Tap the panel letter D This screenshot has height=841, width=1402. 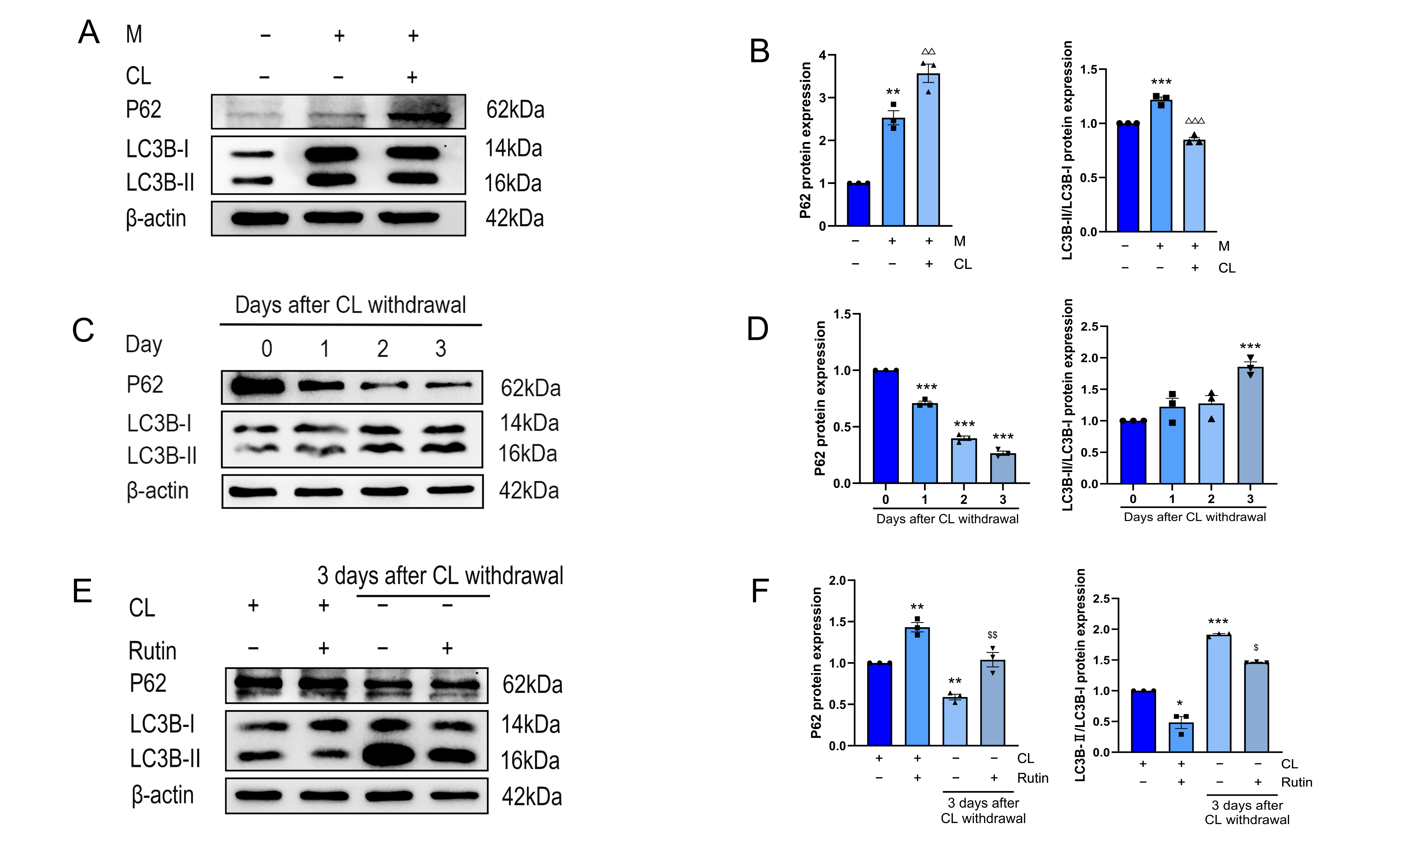[758, 329]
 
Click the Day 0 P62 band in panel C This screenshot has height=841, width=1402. [258, 387]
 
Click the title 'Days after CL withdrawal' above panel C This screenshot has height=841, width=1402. [350, 305]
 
